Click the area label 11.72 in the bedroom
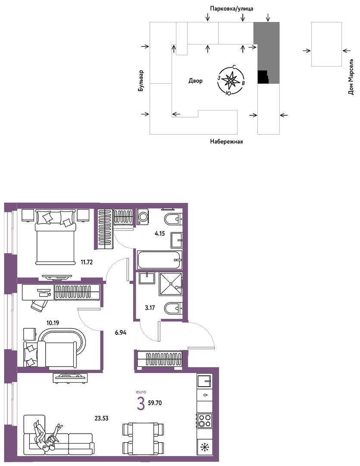click(x=87, y=262)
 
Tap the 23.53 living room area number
click(x=101, y=418)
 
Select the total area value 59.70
click(x=154, y=403)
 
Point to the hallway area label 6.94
click(x=121, y=333)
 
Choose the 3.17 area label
click(x=150, y=308)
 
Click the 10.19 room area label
click(x=53, y=323)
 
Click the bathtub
click(x=160, y=260)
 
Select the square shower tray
click(x=170, y=284)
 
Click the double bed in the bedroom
click(x=55, y=237)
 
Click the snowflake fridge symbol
click(x=204, y=447)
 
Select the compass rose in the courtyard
click(x=231, y=81)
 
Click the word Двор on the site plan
click(x=195, y=81)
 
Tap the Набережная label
click(x=226, y=142)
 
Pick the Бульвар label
click(x=141, y=81)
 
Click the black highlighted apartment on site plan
click(x=263, y=77)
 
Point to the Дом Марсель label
click(x=351, y=77)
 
